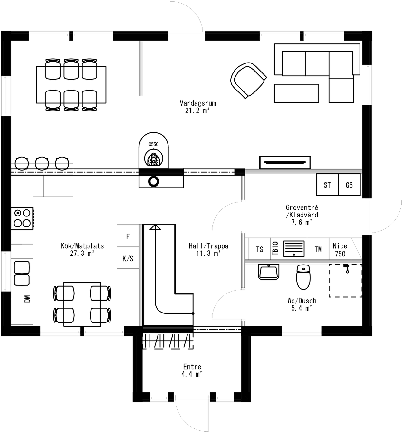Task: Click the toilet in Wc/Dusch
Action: (x=303, y=277)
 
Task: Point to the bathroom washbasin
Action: (x=268, y=271)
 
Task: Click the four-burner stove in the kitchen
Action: (x=22, y=218)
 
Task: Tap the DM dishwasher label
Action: (x=27, y=299)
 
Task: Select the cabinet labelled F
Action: (x=128, y=236)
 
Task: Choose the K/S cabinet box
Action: (x=128, y=258)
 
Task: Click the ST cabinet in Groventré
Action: (x=327, y=185)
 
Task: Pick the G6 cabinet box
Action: (x=349, y=185)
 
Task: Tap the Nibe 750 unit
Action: (x=340, y=250)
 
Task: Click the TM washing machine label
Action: (x=318, y=249)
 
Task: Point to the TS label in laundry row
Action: (x=260, y=249)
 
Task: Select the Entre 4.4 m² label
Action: (x=192, y=370)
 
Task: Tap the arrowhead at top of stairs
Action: (x=155, y=227)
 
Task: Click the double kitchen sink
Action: (x=22, y=273)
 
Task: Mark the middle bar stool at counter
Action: (x=42, y=163)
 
